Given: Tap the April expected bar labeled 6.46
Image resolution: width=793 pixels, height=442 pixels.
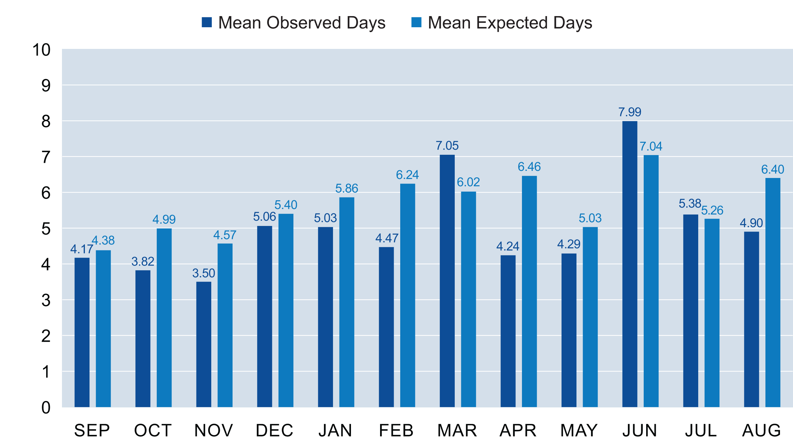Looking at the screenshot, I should click(x=529, y=291).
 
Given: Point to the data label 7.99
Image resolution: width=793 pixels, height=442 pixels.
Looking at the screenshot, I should click(x=629, y=112).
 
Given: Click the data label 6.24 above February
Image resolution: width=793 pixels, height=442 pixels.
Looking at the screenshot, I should click(x=407, y=175).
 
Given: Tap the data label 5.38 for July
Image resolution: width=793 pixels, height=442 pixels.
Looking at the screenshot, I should click(x=690, y=204).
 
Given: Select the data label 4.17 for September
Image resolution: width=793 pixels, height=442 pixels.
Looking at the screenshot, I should click(x=81, y=249).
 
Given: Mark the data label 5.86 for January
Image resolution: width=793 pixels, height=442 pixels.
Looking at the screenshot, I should click(x=347, y=188).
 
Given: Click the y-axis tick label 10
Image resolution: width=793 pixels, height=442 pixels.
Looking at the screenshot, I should click(x=41, y=50).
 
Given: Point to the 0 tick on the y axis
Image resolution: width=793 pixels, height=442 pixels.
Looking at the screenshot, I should click(x=46, y=407).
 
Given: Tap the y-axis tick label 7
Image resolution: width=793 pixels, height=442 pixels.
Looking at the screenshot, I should click(x=46, y=157).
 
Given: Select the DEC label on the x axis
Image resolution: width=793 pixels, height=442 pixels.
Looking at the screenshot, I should click(x=274, y=430).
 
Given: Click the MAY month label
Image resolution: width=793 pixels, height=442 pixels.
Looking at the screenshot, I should click(x=579, y=430).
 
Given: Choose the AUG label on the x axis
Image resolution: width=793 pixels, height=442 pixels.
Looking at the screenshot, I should click(x=761, y=430).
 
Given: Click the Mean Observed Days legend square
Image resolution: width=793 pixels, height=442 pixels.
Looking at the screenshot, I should click(x=207, y=22).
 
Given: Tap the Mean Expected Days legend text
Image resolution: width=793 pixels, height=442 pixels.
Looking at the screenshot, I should click(x=510, y=23).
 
